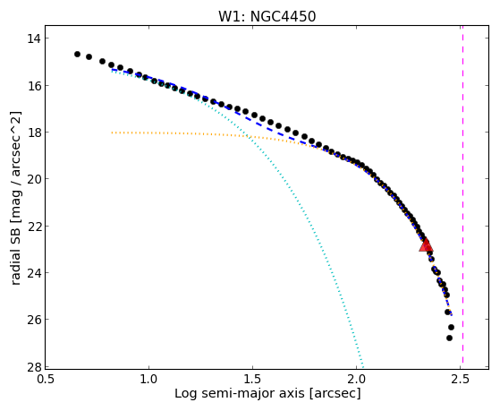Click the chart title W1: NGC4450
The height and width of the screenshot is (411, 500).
point(267,16)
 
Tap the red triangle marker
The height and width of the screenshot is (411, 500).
point(426,245)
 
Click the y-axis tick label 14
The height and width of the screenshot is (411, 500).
point(34,39)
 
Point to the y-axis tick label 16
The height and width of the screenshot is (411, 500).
point(34,86)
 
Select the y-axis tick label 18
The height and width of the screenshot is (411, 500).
point(34,133)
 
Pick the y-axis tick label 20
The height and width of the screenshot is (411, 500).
point(34,179)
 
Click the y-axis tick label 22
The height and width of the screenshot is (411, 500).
point(34,227)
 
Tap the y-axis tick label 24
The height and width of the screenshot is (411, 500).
point(34,273)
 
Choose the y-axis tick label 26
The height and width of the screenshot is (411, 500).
point(34,320)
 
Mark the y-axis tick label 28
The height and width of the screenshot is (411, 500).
point(34,366)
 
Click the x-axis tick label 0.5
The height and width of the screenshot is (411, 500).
point(46,379)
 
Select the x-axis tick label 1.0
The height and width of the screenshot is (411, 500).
point(148,379)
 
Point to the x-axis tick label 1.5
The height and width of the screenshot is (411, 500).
point(252,379)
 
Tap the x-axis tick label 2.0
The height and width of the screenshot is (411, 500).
point(357,379)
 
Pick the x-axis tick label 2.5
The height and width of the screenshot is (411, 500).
point(461,379)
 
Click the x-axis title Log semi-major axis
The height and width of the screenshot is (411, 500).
point(240,393)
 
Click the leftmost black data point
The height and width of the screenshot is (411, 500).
point(77,55)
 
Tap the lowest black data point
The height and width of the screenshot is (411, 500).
point(449,338)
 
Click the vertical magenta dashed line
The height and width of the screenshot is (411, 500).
point(462,197)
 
